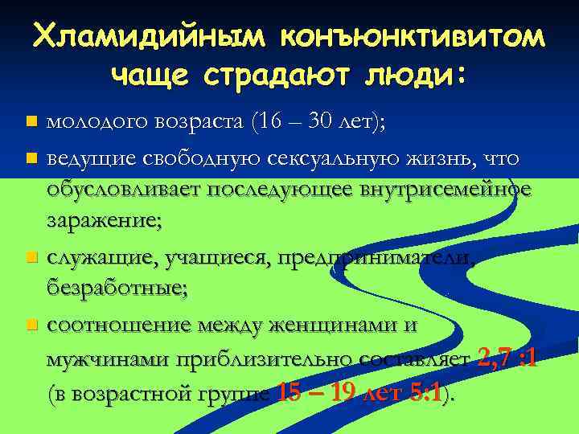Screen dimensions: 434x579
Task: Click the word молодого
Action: click(96, 122)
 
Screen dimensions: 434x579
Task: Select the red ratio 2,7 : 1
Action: click(507, 358)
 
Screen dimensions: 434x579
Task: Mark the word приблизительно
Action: click(257, 359)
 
